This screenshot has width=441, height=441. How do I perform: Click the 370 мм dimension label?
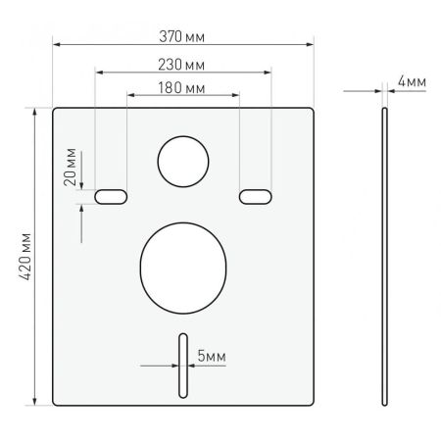(x=183, y=36)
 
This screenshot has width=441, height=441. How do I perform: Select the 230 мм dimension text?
(x=183, y=64)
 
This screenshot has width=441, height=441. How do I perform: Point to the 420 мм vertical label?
(x=26, y=257)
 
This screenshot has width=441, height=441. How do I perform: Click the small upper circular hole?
(x=183, y=160)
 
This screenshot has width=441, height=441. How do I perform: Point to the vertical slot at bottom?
(x=183, y=364)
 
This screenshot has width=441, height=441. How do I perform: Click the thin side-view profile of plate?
(x=385, y=255)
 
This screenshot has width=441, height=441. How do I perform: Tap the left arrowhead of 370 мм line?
(x=57, y=45)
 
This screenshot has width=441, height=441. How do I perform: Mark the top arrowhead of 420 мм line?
(x=36, y=111)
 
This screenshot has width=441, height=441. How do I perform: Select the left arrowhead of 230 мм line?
(x=98, y=72)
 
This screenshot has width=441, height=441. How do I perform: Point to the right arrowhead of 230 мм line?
(x=268, y=72)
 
